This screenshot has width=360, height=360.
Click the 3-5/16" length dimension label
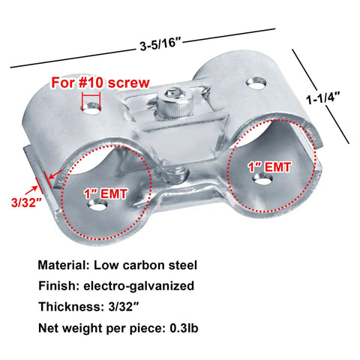(x=160, y=46)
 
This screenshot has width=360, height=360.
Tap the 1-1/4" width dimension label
(x=323, y=97)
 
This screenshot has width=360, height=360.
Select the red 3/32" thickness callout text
(x=26, y=202)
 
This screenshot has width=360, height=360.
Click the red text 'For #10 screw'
(x=100, y=82)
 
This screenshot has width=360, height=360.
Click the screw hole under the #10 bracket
(x=91, y=109)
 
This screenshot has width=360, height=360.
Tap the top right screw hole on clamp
(x=256, y=83)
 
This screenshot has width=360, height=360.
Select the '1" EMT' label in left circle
(x=106, y=193)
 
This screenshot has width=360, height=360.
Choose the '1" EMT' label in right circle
(x=269, y=167)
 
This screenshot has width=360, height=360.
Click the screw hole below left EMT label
(x=98, y=205)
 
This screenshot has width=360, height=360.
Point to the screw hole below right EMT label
(x=262, y=178)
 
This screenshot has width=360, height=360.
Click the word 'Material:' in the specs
(x=64, y=265)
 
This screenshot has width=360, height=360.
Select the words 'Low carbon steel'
(x=145, y=265)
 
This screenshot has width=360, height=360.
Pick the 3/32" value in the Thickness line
(x=124, y=307)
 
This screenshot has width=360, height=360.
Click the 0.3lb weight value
(x=184, y=328)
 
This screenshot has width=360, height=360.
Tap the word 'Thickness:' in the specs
(x=71, y=307)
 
